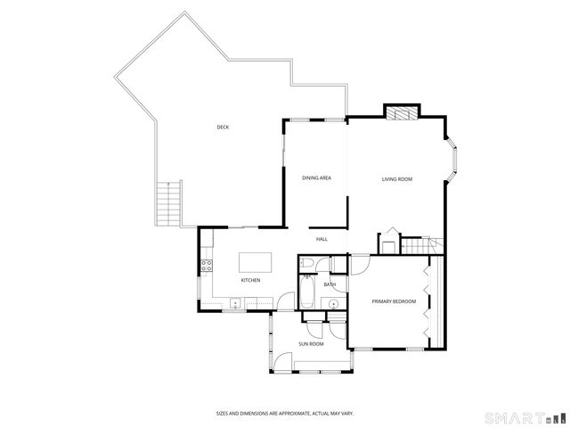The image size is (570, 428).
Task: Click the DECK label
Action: [x=223, y=128]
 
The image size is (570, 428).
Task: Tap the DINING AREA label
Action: [x=316, y=179]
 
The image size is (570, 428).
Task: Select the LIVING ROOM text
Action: [x=397, y=179]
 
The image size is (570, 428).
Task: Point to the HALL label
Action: [x=322, y=239]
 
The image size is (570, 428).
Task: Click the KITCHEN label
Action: [x=250, y=281]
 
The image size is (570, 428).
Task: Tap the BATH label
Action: [x=329, y=284]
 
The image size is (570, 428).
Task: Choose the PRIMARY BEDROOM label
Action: [x=394, y=302]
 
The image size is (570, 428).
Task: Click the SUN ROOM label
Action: [x=310, y=343]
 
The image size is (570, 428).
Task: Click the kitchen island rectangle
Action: [x=255, y=263]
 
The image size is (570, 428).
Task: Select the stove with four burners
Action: [x=205, y=264]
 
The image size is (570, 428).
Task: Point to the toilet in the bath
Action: [x=305, y=263]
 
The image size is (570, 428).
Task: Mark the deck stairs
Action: [x=168, y=202]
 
